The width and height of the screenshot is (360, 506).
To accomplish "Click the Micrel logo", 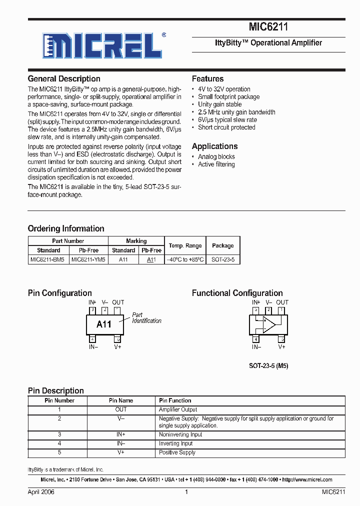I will coord(101,46).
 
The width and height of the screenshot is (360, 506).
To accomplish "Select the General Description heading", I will coord(64,79).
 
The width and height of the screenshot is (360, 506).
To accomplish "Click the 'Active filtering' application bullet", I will coord(216,164).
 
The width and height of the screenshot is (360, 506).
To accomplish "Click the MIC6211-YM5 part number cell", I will coord(88,260).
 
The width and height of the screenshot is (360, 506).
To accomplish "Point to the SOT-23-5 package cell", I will coord(222,260).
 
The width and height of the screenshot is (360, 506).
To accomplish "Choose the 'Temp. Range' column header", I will coord(185,245).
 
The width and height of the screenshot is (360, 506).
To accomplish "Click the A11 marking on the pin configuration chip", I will coord(104,324).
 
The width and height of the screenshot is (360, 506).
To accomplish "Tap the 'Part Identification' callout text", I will coord(146,318).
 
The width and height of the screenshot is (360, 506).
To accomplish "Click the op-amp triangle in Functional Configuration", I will coord(269,324).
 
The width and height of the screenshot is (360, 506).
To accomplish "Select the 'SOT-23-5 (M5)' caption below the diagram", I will coord(268,366).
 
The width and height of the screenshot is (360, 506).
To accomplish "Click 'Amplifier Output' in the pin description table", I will coord(178,409).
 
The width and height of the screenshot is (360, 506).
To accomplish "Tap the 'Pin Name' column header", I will coord(121,400).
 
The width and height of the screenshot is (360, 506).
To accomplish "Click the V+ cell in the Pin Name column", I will coord(121,452).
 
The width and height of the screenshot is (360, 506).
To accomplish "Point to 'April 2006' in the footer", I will coord(41,492).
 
